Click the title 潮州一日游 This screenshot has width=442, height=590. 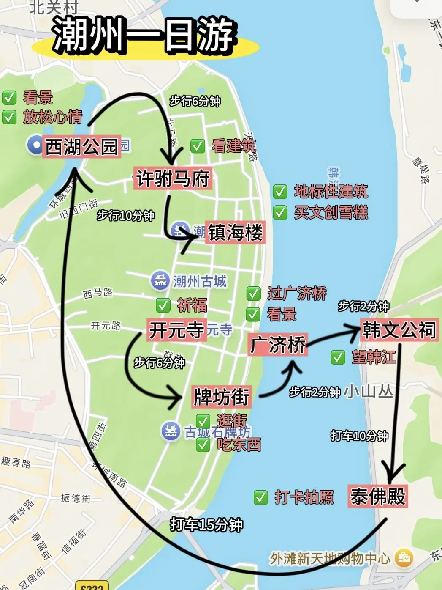144,36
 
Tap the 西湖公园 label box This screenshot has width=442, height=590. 81,147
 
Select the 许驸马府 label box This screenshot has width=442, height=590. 173,178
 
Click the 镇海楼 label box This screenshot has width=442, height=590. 235,232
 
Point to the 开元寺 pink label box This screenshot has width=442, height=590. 176,330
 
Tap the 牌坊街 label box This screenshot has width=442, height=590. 221,397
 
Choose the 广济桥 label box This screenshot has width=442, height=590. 277,344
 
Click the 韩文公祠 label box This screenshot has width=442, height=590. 399,330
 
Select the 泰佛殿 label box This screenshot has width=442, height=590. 378,496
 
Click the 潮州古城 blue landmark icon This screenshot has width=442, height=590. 160,281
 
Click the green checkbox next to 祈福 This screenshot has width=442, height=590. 163,305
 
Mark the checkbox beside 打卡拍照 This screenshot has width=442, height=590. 260,497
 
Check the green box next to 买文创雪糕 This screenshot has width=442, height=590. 280,212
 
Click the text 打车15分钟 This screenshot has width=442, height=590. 206,525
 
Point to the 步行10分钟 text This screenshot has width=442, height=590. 125,216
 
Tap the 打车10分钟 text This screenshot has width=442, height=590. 359,436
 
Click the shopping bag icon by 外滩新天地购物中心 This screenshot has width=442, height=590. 404,557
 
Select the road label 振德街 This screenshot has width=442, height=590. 76,498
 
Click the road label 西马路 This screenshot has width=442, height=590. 98,293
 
